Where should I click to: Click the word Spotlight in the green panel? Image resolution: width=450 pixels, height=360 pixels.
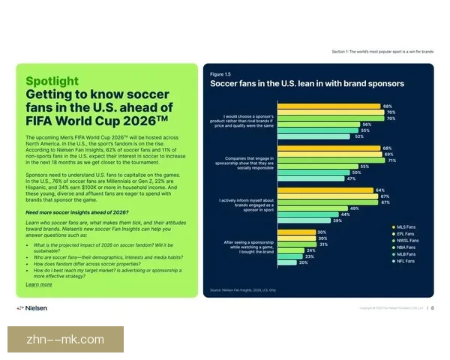[x=51, y=80]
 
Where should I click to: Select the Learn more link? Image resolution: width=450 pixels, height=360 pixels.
[x=39, y=284]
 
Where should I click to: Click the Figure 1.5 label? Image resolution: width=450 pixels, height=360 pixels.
[x=220, y=74]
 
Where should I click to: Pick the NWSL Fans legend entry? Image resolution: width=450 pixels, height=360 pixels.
[x=408, y=241]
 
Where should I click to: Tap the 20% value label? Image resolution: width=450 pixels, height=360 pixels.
[x=303, y=262]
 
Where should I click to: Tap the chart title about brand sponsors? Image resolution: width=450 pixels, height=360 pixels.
[x=307, y=84]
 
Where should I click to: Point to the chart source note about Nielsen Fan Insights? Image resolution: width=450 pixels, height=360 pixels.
[x=242, y=289]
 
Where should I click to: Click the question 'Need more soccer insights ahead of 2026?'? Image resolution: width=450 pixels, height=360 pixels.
[x=67, y=214]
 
